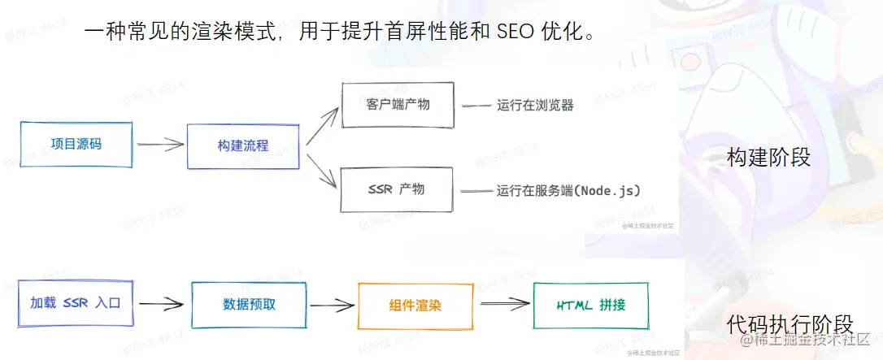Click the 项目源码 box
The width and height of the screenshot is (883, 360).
coord(76,145)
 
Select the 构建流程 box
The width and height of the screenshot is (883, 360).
coord(243,146)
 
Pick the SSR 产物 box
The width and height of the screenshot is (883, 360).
coord(395,189)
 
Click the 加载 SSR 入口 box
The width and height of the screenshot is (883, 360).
coord(75,304)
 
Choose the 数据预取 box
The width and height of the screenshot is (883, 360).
coord(249,305)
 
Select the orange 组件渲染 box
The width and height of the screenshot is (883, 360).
coord(415,306)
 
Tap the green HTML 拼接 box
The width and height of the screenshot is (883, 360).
coord(590,306)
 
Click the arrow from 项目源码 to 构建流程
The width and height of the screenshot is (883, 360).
coord(159,145)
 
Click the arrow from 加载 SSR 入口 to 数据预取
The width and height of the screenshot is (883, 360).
coord(160,305)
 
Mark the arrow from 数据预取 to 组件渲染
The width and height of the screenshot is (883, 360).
coord(332,306)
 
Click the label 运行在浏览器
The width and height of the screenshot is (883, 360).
coord(535,106)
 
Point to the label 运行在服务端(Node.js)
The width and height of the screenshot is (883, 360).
coord(568,191)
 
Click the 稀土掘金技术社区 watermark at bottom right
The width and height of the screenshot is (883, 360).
coord(805,339)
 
